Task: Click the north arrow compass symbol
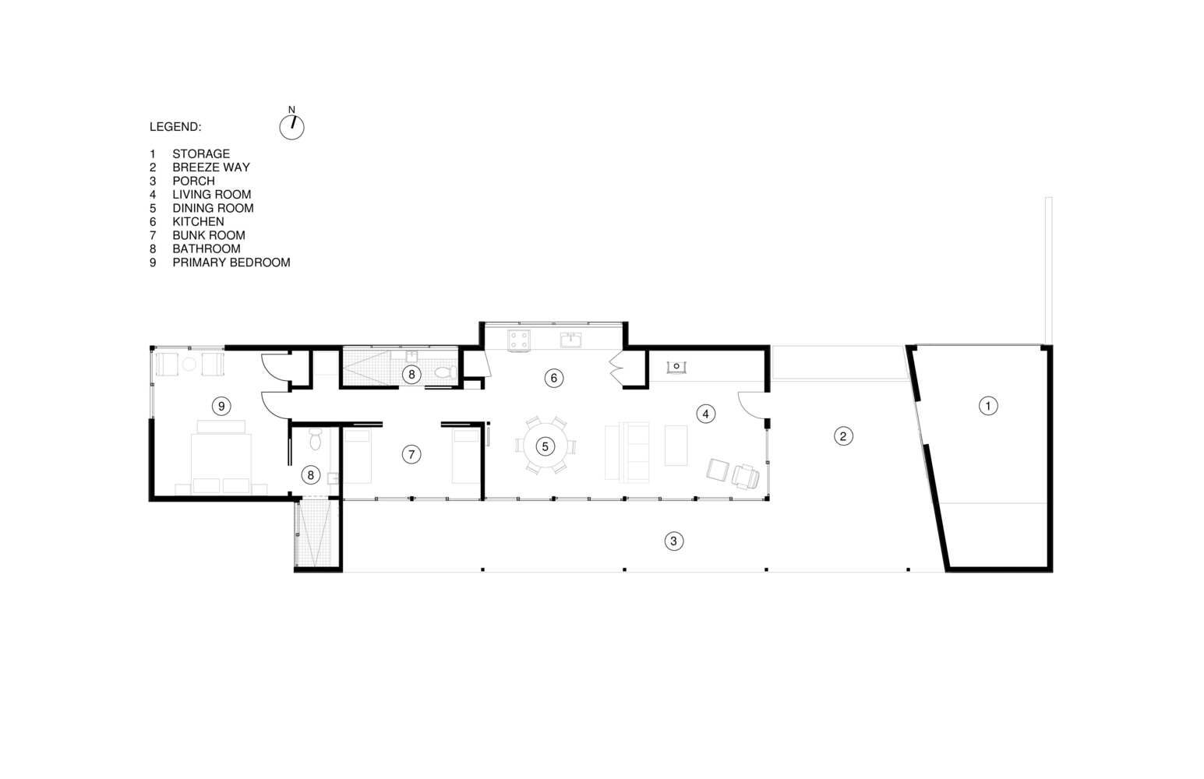point(292,127)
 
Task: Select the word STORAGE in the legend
point(201,153)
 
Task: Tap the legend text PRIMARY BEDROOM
point(231,263)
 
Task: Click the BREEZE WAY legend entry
point(211,167)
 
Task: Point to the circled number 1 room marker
point(988,406)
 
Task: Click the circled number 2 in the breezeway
point(843,436)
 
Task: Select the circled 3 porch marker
point(674,541)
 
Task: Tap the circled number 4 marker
point(706,414)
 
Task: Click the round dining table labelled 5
point(545,446)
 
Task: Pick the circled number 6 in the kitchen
point(553,379)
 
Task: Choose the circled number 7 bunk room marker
point(411,454)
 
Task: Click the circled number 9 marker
point(221,406)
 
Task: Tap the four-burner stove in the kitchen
point(519,340)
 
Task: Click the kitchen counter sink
point(570,340)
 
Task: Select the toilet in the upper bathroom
point(446,372)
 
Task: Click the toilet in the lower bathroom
point(316,439)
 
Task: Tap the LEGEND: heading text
point(175,127)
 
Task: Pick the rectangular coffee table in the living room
point(676,446)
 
